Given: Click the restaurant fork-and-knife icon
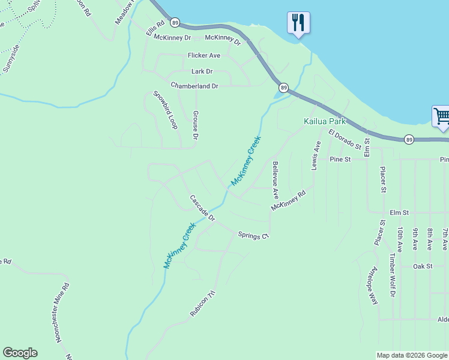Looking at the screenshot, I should tap(298, 23).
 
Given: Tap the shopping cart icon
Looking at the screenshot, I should tap(441, 115).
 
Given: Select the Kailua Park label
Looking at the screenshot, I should tap(325, 121).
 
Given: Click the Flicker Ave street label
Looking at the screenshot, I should tap(204, 55).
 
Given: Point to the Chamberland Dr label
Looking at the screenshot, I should tap(194, 86).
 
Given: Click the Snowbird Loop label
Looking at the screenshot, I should tap(165, 110).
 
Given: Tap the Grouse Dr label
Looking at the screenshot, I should tap(195, 124).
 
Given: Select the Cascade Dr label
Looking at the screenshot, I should tap(202, 206).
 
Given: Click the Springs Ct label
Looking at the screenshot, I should tap(253, 235).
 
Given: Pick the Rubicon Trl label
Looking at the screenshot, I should tap(202, 304).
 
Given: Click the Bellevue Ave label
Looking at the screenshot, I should tap(275, 180).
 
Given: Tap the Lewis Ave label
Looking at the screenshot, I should tap(316, 155).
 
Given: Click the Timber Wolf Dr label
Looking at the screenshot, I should tap(392, 274).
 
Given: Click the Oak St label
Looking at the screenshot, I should tap(423, 265).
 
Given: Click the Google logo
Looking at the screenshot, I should tap(20, 353).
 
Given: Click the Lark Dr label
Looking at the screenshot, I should tap(202, 71).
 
